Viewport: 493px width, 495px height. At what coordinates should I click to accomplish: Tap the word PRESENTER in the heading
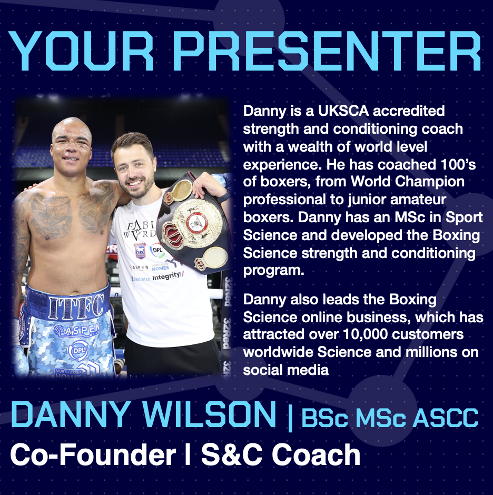327,51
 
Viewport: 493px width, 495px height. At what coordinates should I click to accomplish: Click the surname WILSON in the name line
210,414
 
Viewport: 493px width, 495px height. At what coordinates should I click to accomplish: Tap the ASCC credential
446,418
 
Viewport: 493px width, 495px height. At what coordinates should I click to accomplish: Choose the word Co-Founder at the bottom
93,455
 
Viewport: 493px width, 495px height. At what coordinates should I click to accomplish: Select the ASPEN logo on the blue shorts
77,330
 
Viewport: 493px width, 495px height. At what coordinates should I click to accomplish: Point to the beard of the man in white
138,188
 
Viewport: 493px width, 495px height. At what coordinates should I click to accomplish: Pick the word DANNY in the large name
70,414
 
